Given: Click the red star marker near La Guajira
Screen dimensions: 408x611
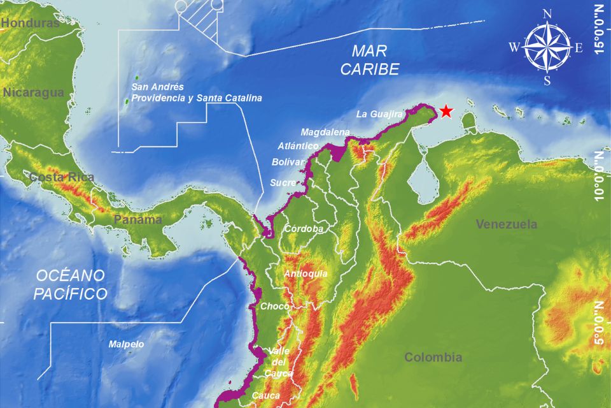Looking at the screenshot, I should pos(447,112).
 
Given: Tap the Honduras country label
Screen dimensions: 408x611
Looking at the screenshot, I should pos(30,23).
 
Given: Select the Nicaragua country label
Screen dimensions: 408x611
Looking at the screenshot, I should pos(33,92).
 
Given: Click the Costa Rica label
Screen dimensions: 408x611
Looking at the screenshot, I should pos(62,177).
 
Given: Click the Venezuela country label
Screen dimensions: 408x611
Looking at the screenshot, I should pos(507,224).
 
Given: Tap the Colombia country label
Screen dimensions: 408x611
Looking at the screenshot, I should pos(433,357).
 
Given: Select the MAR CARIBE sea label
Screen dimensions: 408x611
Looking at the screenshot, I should pos(370,60).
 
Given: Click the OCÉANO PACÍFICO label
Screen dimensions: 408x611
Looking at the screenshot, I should pos(70,284).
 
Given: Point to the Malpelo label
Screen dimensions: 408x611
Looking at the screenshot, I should pos(126,344).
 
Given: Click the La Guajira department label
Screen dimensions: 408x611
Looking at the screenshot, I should pos(379,114).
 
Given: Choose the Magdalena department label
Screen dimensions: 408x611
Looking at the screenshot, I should pos(325,132).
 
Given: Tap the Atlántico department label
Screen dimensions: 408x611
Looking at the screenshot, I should pos(298,146).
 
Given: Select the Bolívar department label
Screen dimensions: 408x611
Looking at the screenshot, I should pos(289,163).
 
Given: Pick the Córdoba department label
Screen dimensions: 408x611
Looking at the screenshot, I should pos(304,228).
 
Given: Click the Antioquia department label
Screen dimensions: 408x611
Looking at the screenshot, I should pos(306,273).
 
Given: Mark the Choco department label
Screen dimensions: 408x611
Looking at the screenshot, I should pos(274,307).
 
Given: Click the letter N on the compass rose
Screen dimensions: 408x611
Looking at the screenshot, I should pos(547,13).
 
